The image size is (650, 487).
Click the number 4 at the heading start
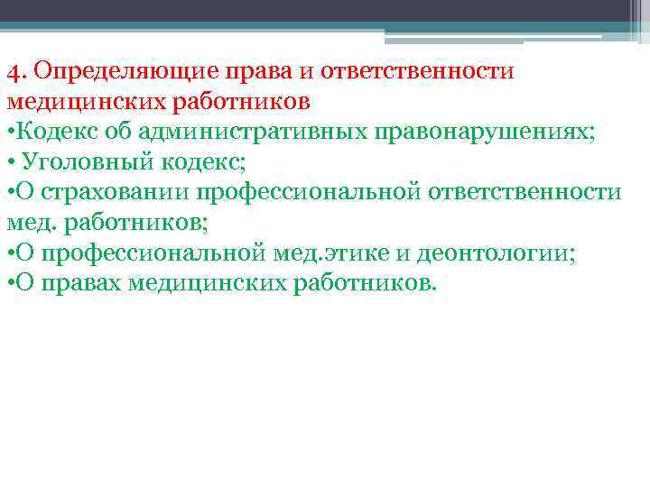point(12,70)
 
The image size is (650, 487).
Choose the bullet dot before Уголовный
point(9,163)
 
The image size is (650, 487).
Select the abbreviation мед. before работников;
point(31,223)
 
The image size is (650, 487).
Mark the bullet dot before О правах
point(9,285)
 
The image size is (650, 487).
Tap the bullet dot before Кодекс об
point(9,133)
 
